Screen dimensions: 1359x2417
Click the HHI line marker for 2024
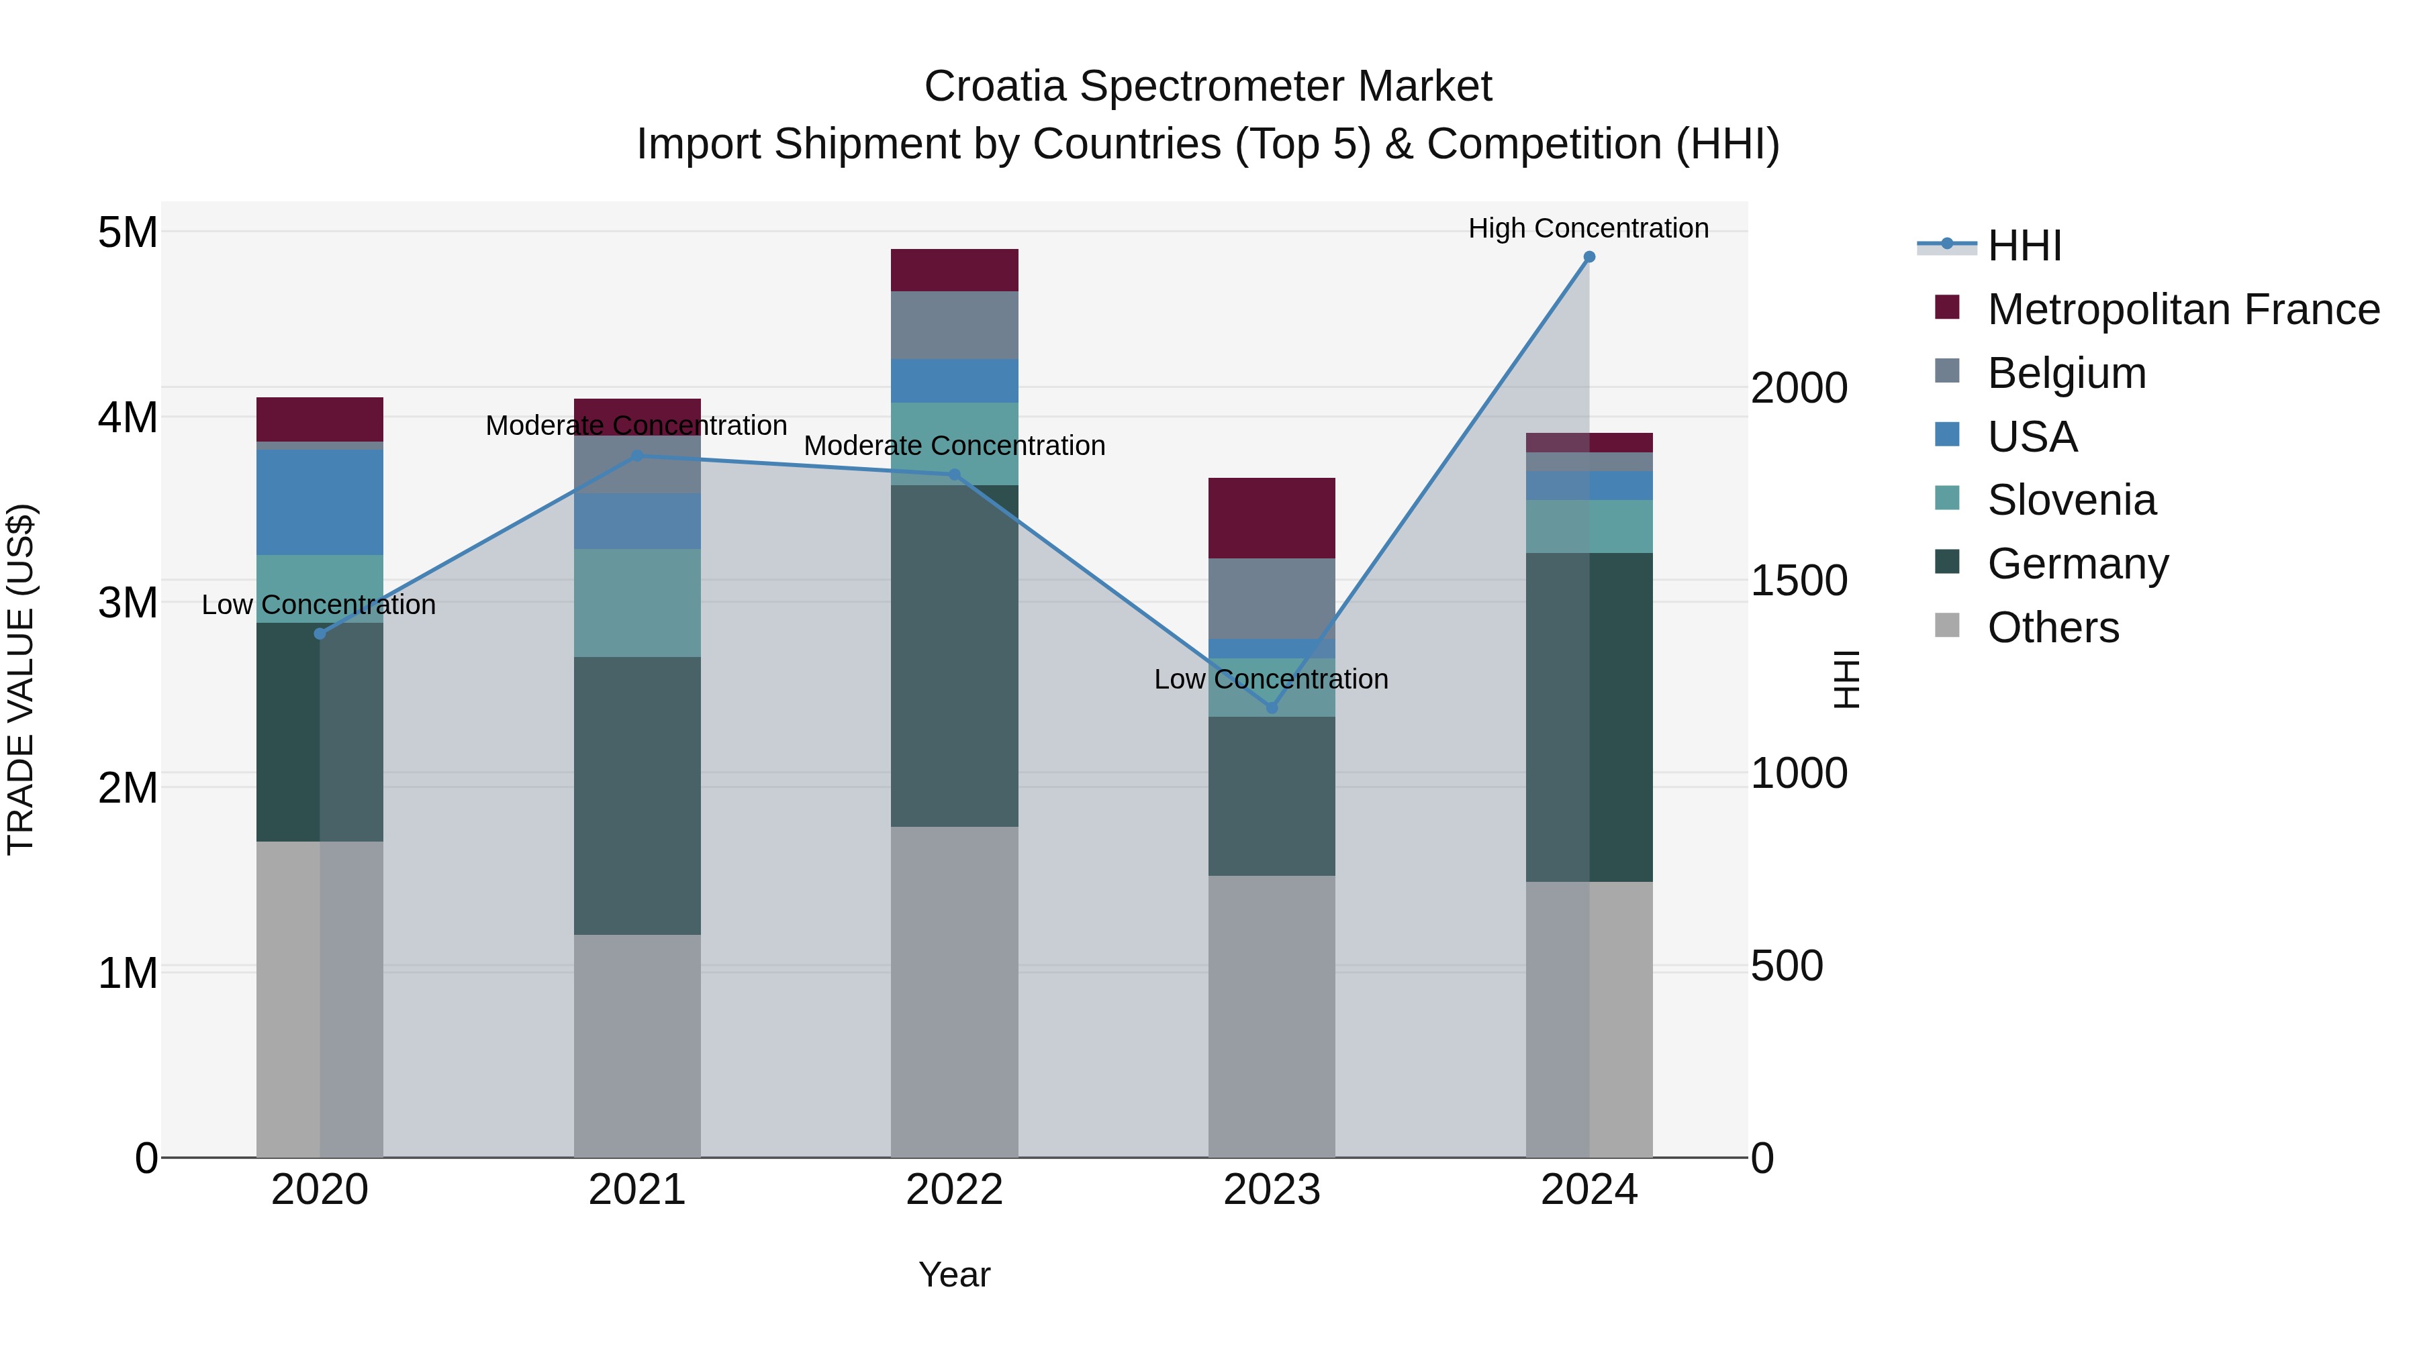tap(1589, 257)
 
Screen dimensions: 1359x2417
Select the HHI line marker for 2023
tap(1272, 707)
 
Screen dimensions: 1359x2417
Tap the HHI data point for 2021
tap(637, 456)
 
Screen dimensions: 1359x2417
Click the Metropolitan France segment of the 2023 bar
tap(1272, 517)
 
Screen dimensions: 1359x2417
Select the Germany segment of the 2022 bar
tap(954, 656)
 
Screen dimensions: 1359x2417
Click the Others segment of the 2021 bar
tap(637, 1045)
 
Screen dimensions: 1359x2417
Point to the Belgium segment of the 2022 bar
tap(954, 325)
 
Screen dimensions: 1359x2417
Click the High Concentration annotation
tap(1588, 228)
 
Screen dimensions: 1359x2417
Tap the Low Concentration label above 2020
tap(319, 605)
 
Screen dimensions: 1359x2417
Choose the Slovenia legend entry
tap(2071, 500)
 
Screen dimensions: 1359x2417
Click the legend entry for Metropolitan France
tap(2183, 309)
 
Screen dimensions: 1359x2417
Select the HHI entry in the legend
tap(2024, 246)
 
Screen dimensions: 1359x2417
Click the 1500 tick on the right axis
tap(1799, 581)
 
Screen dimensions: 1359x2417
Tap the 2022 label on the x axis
tap(954, 1190)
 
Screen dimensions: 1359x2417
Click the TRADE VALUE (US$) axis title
tap(21, 679)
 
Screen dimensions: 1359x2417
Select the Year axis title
tap(954, 1274)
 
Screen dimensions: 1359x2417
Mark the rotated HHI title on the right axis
tap(1846, 679)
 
